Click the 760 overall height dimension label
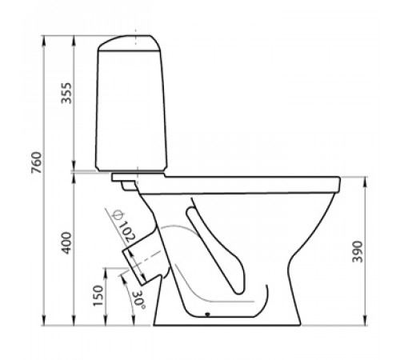pos(37,162)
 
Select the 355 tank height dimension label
pos(66,93)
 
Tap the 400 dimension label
pos(66,243)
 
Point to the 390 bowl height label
pos(358,252)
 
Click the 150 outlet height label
pos(98,296)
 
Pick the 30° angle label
pos(139,299)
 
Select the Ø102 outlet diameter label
pos(124,226)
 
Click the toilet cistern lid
pos(130,42)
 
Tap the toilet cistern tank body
pos(131,110)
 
